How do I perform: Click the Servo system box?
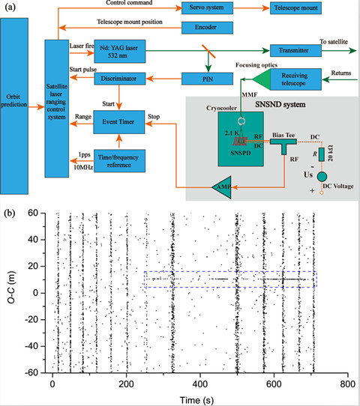[x=207, y=7]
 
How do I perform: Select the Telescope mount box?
[x=295, y=7]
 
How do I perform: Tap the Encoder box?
[x=207, y=28]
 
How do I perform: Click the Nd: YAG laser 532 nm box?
[x=119, y=51]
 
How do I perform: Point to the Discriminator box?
[x=119, y=79]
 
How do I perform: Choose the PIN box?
[x=207, y=79]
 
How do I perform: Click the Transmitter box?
[x=295, y=50]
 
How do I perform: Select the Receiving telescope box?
[x=295, y=79]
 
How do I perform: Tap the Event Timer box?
[x=119, y=122]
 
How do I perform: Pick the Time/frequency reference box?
[x=119, y=161]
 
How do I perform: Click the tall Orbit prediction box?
[x=14, y=106]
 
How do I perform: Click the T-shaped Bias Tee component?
[x=283, y=145]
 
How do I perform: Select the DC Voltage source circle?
[x=322, y=177]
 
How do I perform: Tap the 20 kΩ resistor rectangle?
[x=322, y=154]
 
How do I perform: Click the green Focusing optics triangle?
[x=261, y=79]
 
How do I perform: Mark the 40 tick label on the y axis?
[x=33, y=240]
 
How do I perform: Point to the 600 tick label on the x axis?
[x=274, y=384]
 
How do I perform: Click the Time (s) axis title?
[x=196, y=400]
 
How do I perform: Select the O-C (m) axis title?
[x=11, y=287]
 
